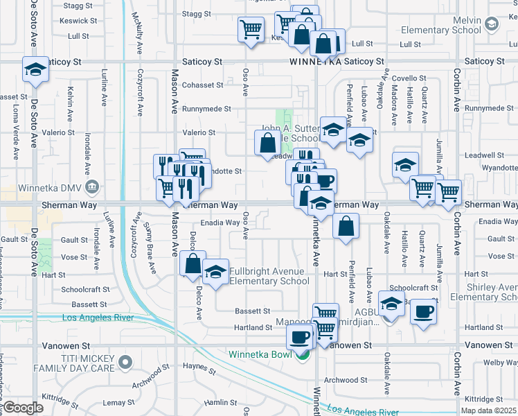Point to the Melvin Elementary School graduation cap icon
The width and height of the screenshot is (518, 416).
click(x=491, y=24)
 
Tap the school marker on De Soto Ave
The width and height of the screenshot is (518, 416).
click(x=35, y=69)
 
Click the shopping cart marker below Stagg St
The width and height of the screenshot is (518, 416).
click(x=250, y=29)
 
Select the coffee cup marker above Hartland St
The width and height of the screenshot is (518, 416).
click(x=423, y=311)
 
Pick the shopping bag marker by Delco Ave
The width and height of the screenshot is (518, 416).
click(x=193, y=263)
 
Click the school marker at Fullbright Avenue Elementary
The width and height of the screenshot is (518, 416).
click(x=215, y=272)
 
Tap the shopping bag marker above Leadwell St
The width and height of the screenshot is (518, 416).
click(x=267, y=144)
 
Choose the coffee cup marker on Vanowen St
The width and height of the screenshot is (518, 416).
click(x=299, y=336)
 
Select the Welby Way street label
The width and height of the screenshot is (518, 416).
click(x=499, y=363)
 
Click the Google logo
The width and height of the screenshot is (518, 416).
click(x=23, y=408)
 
